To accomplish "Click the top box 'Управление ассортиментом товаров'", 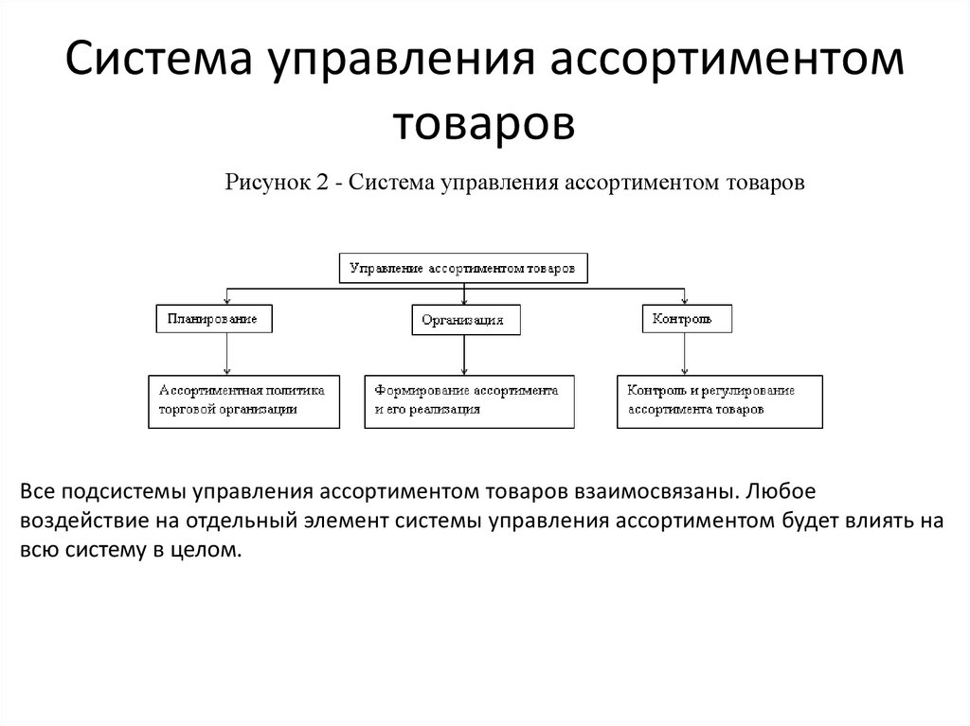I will coord(462,268).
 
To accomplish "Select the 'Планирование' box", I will coord(213,319).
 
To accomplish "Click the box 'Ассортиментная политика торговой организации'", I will coord(243,400).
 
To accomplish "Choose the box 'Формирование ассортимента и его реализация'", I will coord(469,400).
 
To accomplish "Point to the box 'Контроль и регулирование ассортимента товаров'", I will coord(719,400).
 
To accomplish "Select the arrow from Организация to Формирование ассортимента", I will coord(463,355).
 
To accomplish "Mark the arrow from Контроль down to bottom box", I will coord(682,354).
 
